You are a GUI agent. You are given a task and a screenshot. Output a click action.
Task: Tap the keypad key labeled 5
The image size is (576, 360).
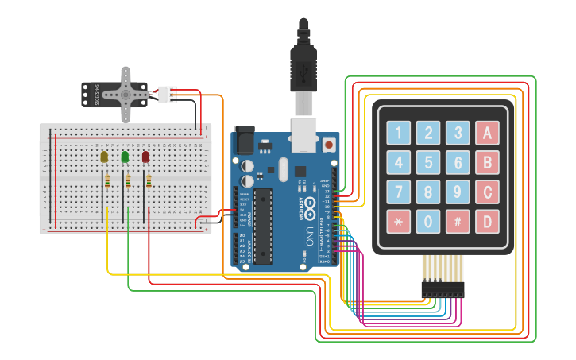click(x=428, y=163)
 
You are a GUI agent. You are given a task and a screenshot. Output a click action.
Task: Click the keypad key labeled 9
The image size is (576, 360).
click(x=458, y=192)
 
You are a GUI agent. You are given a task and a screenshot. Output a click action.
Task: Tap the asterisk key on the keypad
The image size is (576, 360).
click(x=399, y=222)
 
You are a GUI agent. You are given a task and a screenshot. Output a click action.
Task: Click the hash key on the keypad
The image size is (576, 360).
click(x=458, y=222)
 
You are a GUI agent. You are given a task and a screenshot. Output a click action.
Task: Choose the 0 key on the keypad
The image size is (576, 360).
click(x=428, y=222)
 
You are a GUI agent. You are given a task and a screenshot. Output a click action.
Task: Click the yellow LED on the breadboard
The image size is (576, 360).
click(x=104, y=157)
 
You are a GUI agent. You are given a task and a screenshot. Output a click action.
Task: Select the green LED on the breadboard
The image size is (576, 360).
click(x=125, y=157)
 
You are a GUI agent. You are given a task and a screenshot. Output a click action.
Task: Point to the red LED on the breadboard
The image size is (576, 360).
click(x=146, y=157)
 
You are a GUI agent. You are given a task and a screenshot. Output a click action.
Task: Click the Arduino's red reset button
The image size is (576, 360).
click(x=328, y=145)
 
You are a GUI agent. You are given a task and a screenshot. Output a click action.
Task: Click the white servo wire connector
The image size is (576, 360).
click(x=167, y=94)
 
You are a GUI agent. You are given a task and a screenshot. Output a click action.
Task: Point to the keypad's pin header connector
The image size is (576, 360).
click(x=443, y=291)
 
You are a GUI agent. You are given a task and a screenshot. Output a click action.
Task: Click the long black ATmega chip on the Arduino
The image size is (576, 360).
click(x=263, y=226)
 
